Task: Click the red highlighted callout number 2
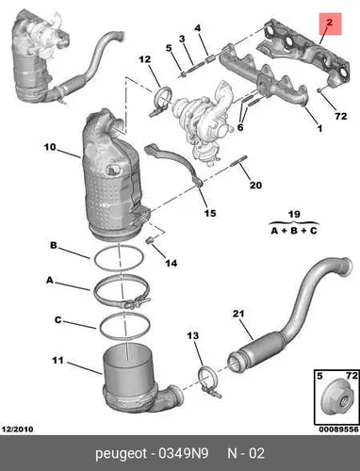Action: [329, 23]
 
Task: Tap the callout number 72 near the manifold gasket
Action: [341, 117]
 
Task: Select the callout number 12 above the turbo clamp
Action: [145, 59]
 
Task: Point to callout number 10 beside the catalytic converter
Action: [50, 147]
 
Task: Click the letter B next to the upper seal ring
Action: [54, 245]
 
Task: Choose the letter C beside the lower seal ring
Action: [58, 320]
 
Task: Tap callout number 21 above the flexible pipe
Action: [238, 314]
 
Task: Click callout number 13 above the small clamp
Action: [193, 335]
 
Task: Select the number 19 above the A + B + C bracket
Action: [294, 215]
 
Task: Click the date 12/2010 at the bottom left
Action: [18, 430]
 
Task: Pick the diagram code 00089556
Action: [338, 430]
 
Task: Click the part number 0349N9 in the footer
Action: [184, 453]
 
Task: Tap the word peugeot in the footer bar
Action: [122, 454]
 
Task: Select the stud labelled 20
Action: [239, 161]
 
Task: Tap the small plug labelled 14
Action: [150, 240]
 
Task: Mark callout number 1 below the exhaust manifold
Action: [319, 128]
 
